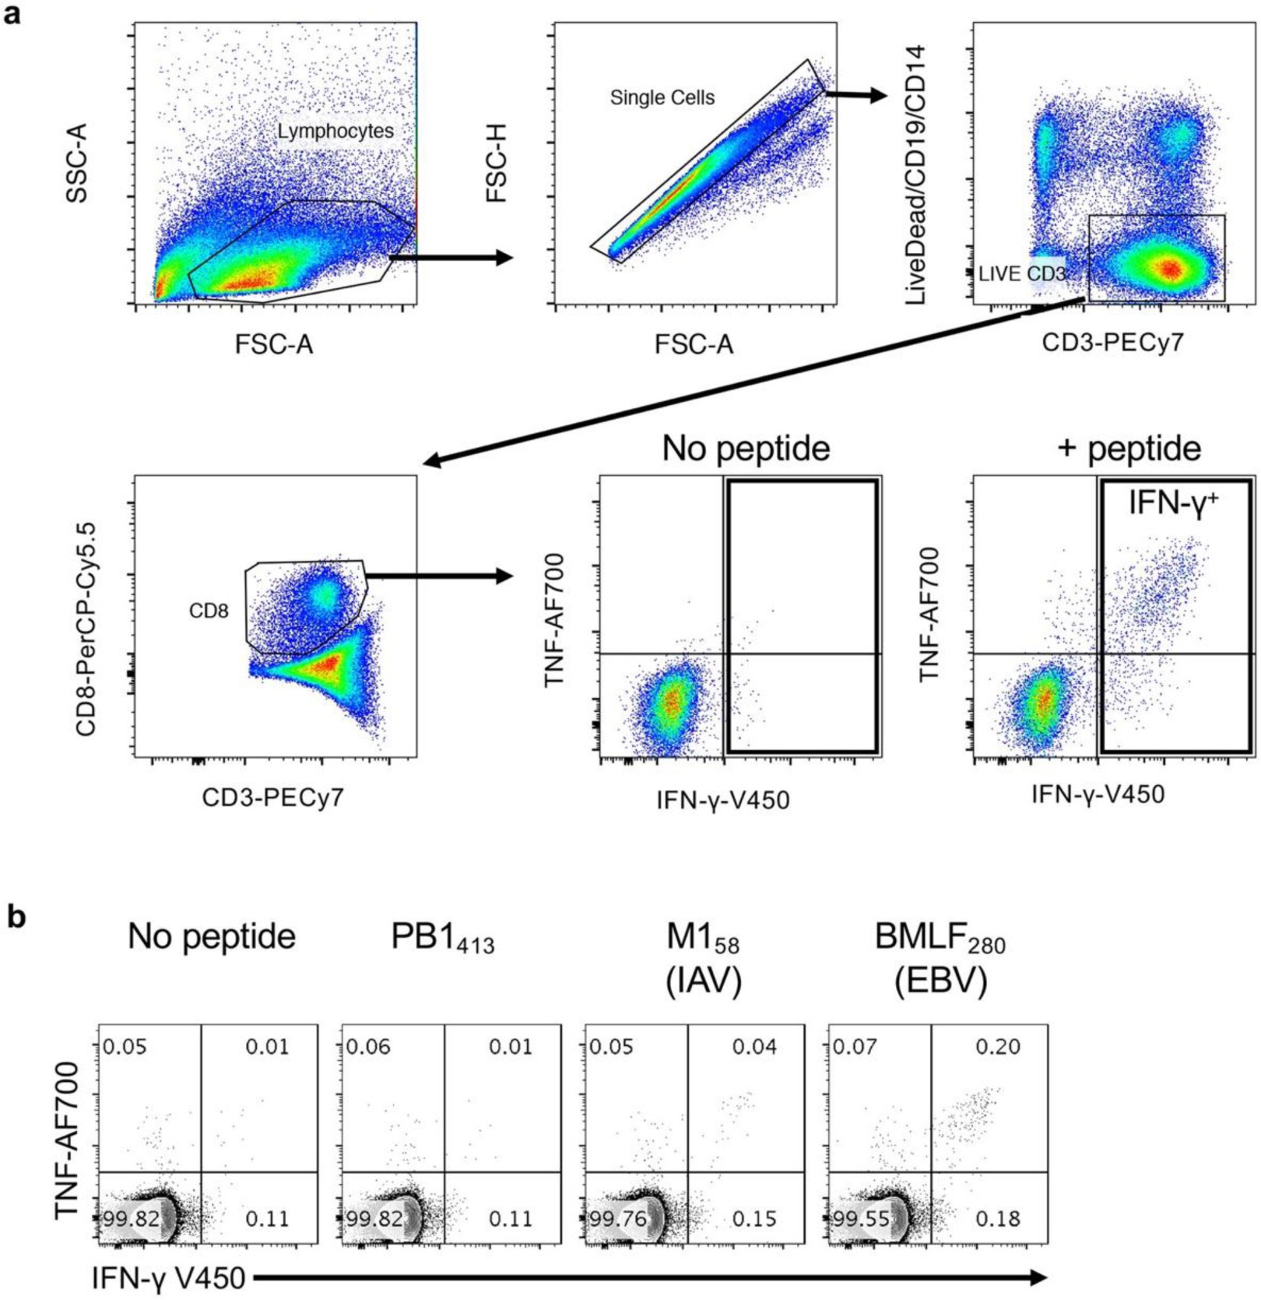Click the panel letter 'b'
[16, 916]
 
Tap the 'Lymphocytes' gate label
[335, 131]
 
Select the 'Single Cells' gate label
[662, 98]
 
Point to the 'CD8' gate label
[209, 611]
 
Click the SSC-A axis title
[76, 164]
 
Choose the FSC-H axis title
[496, 164]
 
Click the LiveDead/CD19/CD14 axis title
[915, 174]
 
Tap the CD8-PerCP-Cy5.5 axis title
[86, 629]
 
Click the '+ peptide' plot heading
[1129, 449]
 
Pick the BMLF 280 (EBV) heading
[940, 957]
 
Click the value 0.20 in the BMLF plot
[997, 1046]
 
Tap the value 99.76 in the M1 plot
[617, 1218]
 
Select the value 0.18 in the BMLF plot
[997, 1218]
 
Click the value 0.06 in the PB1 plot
[368, 1046]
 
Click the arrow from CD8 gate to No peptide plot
[440, 576]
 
